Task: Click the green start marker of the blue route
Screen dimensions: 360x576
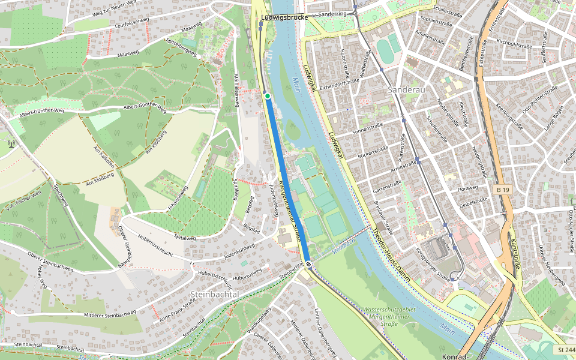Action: click(x=267, y=95)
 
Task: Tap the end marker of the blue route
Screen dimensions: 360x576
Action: click(x=308, y=264)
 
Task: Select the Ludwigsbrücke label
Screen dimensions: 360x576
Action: click(x=284, y=18)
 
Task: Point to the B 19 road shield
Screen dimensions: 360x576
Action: click(x=503, y=190)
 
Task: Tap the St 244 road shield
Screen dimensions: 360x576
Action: click(x=566, y=350)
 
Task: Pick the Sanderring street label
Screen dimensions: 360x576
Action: click(x=333, y=14)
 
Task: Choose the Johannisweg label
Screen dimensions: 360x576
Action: click(x=178, y=199)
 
